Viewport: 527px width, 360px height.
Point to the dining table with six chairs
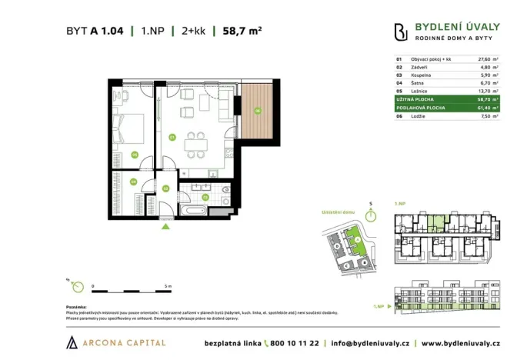click(201, 142)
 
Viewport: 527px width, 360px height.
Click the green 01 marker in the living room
click(172, 138)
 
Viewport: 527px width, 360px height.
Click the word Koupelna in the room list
click(422, 75)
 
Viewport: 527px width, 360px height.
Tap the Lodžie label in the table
click(419, 116)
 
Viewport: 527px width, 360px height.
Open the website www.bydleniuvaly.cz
click(462, 342)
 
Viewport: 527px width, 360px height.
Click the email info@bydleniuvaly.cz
click(371, 342)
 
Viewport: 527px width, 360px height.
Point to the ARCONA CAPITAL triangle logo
click(72, 342)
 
